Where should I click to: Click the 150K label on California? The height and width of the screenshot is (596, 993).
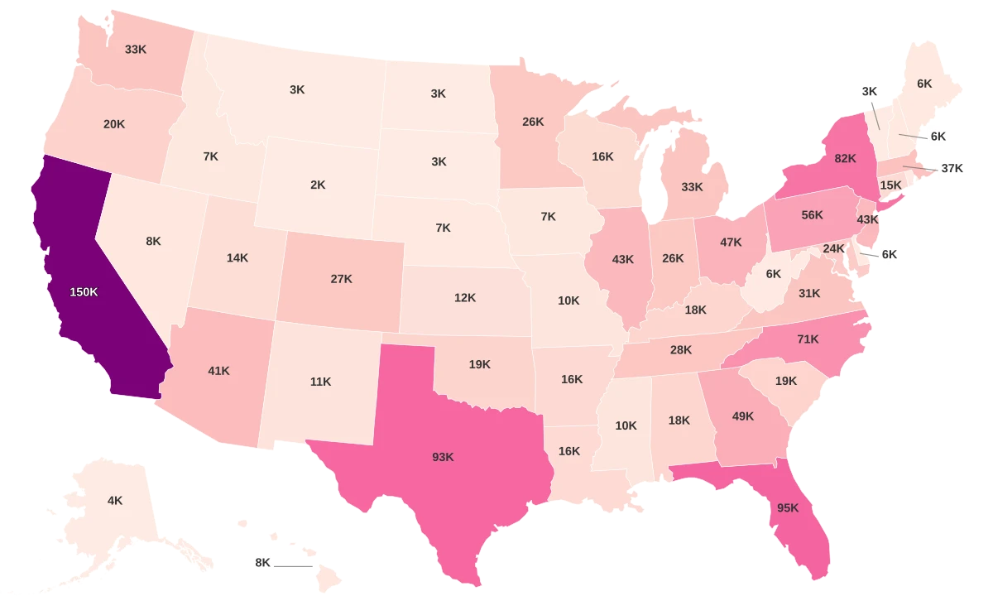point(84,292)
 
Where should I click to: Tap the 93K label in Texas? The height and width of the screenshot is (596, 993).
point(443,457)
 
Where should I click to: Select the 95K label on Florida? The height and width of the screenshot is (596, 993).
point(788,508)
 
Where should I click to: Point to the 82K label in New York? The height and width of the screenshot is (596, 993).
point(845,158)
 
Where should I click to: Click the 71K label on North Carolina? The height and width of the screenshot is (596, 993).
point(808,339)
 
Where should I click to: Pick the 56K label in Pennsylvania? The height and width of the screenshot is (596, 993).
point(812,215)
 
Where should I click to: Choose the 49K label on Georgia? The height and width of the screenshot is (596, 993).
point(743,416)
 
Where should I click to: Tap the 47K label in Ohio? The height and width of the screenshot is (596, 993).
point(731,243)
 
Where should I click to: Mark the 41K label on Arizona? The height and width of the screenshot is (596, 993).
point(218,371)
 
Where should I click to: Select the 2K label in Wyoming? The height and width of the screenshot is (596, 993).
point(318,185)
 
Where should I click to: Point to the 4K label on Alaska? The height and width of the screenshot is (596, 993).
point(115,500)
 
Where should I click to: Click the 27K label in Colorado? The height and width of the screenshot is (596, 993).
point(341,279)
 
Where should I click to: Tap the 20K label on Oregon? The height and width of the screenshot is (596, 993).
point(114,124)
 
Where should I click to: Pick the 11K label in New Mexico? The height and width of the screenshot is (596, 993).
point(320,382)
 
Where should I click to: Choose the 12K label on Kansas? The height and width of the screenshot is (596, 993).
point(465,297)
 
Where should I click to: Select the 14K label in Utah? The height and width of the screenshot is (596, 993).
point(237,257)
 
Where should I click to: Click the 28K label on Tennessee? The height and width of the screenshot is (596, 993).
point(681,350)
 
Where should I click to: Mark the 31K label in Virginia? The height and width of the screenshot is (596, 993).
point(809,293)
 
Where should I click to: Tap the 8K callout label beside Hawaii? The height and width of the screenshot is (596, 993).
point(263,563)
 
